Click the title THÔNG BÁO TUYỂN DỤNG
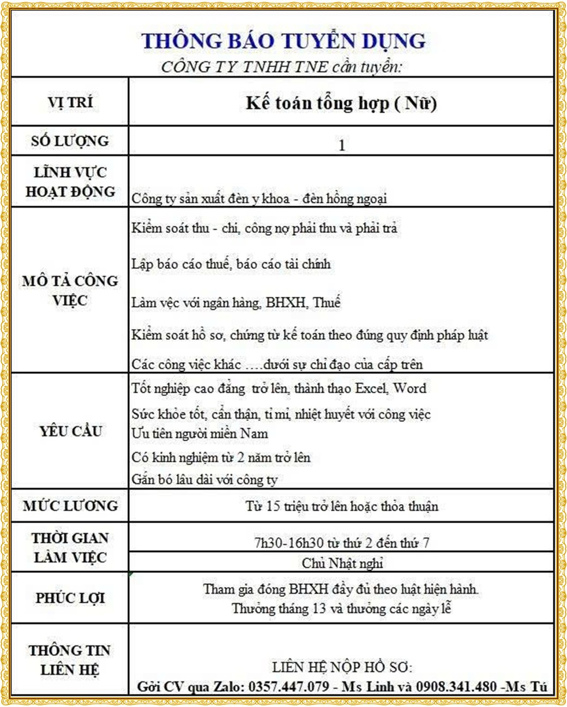click(283, 41)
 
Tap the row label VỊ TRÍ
click(70, 103)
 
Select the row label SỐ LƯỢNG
click(70, 141)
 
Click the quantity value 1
click(342, 145)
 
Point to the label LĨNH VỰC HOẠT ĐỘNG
click(70, 182)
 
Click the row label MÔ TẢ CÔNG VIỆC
click(70, 290)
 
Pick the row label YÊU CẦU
click(70, 431)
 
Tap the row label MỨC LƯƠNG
click(70, 506)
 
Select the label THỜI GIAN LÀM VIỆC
click(70, 548)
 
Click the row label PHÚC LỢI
click(70, 598)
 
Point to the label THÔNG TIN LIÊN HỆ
click(70, 660)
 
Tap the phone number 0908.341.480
click(456, 686)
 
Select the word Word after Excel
click(410, 388)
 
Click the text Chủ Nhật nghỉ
click(342, 563)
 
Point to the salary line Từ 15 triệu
click(342, 506)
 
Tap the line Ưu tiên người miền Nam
click(200, 434)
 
